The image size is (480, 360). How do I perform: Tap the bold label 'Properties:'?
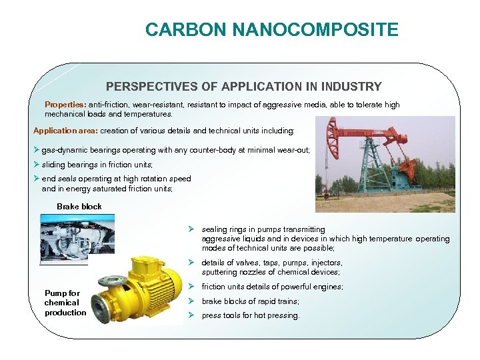click(x=65, y=105)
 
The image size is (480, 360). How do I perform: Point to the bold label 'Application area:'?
click(x=66, y=131)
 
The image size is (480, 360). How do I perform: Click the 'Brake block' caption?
click(x=79, y=207)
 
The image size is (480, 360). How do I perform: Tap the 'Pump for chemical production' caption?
click(x=65, y=303)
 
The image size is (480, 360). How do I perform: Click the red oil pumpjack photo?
click(x=385, y=164)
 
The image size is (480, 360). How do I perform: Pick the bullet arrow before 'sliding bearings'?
click(x=37, y=165)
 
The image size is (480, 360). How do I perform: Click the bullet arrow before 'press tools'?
click(x=191, y=315)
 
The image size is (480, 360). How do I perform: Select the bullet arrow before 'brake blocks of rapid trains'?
click(x=191, y=301)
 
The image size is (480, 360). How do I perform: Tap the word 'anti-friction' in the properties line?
click(x=109, y=105)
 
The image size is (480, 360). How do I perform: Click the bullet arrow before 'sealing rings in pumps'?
click(x=191, y=229)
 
